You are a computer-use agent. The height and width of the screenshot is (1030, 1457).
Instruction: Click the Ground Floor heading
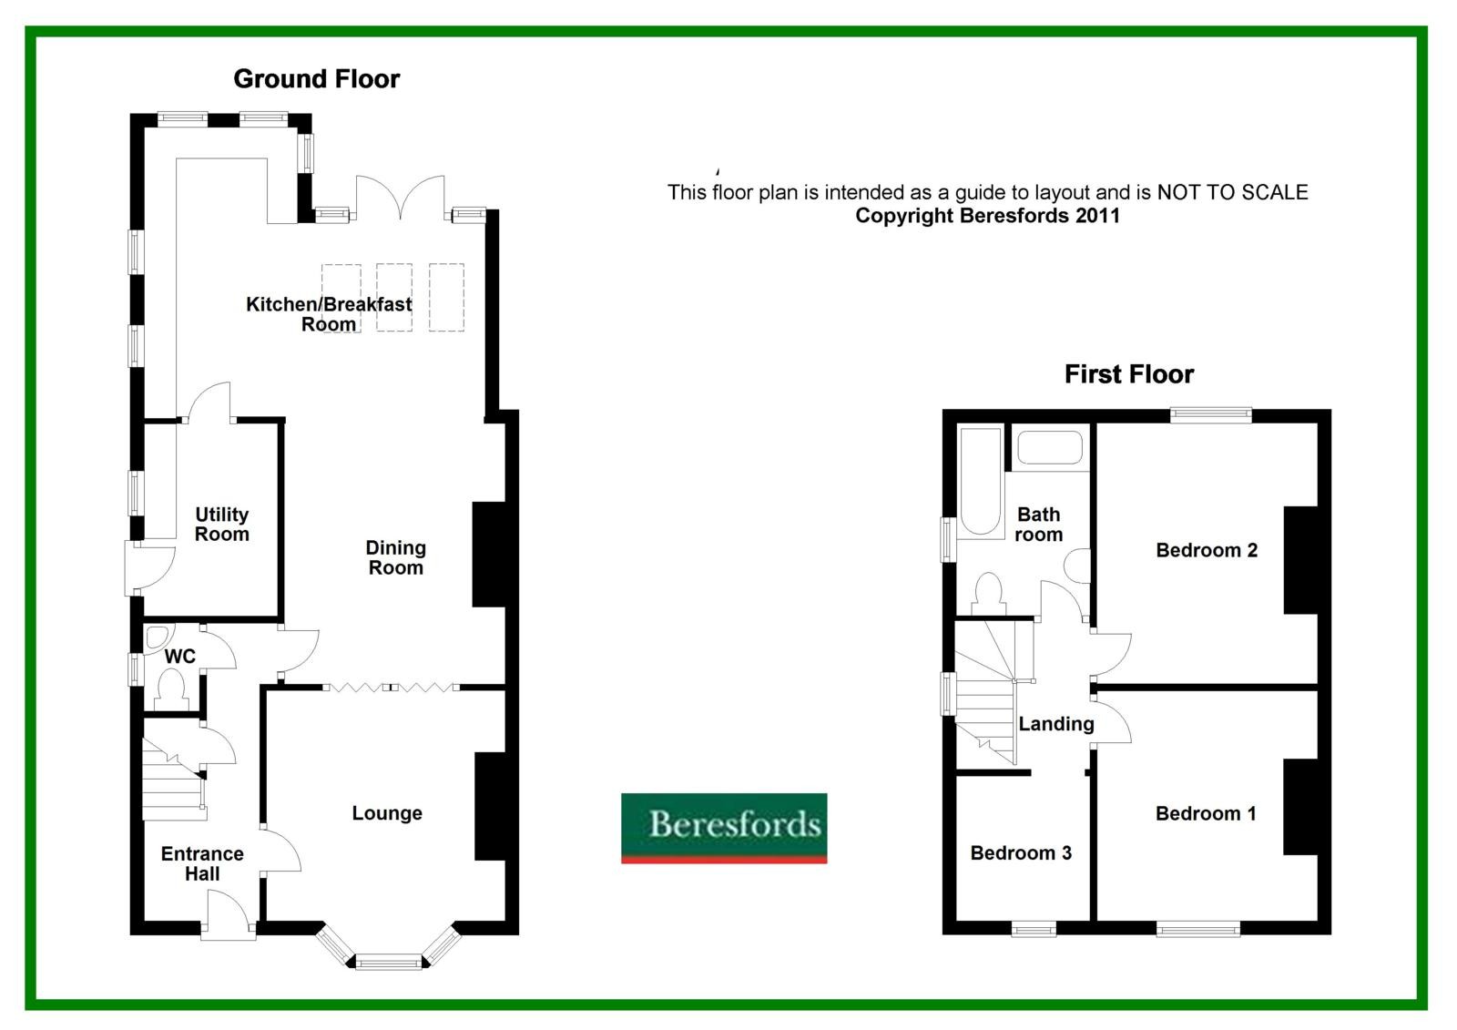(316, 79)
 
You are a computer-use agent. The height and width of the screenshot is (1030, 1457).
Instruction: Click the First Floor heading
(1128, 374)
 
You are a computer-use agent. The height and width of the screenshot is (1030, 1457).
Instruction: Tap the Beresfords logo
(724, 827)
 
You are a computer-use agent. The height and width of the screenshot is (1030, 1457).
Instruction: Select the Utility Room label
(221, 525)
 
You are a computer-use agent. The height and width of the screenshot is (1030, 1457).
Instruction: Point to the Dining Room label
(395, 557)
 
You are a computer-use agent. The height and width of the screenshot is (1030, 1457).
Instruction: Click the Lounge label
(387, 813)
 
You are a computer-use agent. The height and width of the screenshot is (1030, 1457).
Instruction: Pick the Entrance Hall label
(202, 863)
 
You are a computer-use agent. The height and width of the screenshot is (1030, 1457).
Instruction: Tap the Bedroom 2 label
(1206, 550)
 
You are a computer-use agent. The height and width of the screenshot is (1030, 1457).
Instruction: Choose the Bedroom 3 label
(1020, 853)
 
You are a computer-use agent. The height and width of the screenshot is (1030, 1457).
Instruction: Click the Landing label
(1055, 724)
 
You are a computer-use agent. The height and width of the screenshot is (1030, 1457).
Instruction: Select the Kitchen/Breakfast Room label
(329, 314)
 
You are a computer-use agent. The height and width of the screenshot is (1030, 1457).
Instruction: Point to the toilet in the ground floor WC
(171, 688)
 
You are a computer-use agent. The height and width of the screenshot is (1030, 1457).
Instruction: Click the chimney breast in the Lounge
(490, 806)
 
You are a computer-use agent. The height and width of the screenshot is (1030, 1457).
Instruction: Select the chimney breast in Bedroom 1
(1300, 807)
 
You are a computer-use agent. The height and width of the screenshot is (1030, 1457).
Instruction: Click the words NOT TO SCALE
(1232, 192)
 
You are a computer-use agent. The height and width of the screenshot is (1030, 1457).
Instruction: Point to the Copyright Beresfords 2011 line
(987, 216)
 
